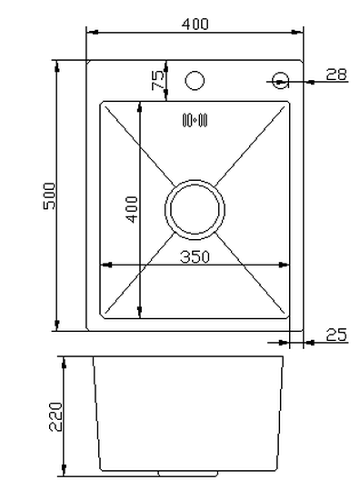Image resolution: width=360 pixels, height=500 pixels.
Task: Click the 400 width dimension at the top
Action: point(195,24)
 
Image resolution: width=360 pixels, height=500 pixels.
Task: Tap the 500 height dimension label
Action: point(49,195)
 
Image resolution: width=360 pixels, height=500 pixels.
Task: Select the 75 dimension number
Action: point(158,80)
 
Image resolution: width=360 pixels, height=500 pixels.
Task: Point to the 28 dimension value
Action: point(336,75)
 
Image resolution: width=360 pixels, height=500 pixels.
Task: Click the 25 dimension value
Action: point(336,335)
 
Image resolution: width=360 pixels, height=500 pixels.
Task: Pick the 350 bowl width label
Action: point(195,257)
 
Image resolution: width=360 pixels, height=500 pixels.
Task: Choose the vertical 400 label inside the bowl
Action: point(132,209)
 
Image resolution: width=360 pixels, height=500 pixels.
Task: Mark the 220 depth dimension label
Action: point(55,416)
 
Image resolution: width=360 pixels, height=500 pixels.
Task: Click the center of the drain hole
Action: point(195,209)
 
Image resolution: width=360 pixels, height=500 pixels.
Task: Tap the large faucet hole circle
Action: point(195,80)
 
